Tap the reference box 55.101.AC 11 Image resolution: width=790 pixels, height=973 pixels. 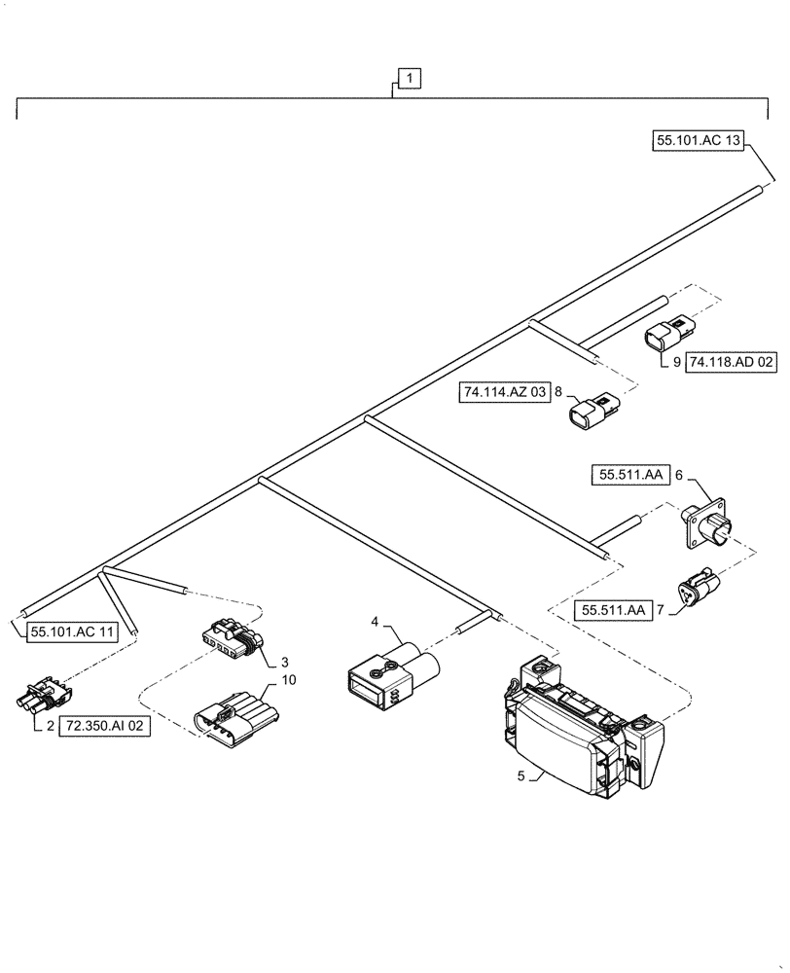point(72,631)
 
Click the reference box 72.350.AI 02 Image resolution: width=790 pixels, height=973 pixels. point(108,727)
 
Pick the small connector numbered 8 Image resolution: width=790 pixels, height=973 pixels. point(592,411)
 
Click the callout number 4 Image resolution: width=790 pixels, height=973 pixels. point(375,621)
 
